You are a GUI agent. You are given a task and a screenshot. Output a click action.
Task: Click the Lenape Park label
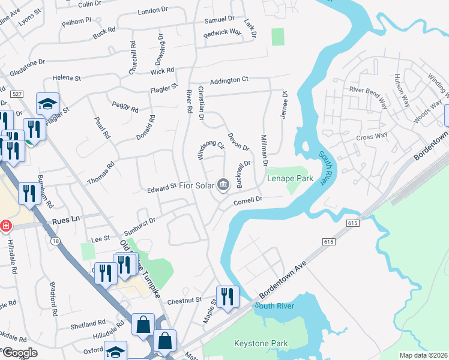294,178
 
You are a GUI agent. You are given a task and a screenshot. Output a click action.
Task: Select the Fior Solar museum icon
223,184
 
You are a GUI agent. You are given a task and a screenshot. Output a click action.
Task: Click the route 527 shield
17,94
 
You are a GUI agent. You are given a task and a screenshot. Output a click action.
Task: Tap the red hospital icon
6,226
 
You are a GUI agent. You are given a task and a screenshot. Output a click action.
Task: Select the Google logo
19,352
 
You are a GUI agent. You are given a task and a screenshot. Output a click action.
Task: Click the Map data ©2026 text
423,355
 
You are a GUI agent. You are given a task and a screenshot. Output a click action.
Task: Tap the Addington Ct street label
229,80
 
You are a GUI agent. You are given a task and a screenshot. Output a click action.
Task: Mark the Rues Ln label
67,220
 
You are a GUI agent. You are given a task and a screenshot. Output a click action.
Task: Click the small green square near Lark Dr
277,37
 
